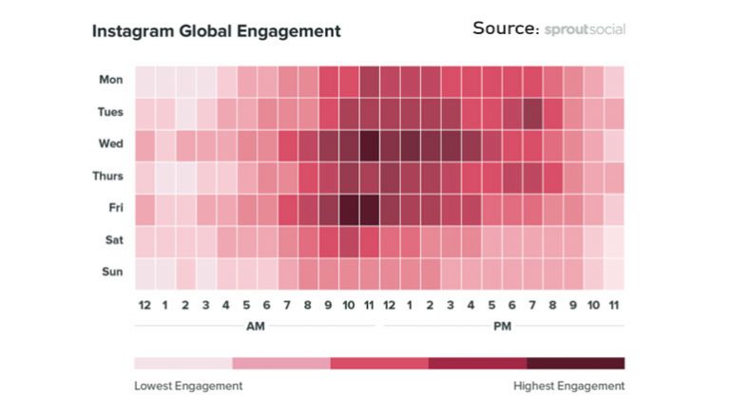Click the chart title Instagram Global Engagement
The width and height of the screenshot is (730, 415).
[216, 31]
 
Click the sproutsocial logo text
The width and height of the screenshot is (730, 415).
[585, 29]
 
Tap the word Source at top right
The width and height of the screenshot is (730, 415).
[505, 28]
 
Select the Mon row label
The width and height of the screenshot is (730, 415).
[111, 80]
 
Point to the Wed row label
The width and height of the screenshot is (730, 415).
[111, 144]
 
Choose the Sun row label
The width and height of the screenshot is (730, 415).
[112, 272]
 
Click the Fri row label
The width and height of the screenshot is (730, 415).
[116, 208]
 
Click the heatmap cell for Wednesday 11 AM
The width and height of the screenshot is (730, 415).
[370, 145]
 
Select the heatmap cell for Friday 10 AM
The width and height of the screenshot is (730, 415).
[349, 209]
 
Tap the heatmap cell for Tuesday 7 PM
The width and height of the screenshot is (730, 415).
[532, 113]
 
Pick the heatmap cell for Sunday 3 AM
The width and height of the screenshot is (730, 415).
[206, 273]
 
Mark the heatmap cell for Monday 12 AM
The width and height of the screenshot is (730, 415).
[144, 81]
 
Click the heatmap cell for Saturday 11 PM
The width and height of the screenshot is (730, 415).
[614, 241]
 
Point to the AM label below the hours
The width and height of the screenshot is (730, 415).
[257, 326]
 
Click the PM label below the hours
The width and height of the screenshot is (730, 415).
[502, 326]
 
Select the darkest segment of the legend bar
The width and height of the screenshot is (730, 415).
[575, 363]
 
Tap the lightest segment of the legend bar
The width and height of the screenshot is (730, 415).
[182, 363]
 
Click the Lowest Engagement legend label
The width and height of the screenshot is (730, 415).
[188, 386]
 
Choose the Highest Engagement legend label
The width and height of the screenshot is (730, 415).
[568, 386]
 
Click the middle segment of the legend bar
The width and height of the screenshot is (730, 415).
[379, 363]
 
